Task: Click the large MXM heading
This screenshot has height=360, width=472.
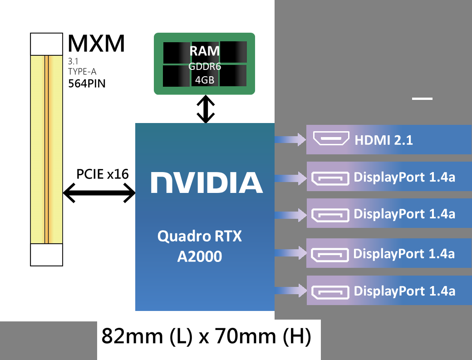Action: coord(96,44)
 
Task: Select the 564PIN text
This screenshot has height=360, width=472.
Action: coord(87,83)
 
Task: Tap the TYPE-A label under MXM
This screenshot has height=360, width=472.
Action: coord(82,71)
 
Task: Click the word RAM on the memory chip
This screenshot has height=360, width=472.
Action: coord(204,51)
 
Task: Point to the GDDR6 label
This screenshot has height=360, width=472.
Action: coord(204,67)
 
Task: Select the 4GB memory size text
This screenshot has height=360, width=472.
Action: coord(204,80)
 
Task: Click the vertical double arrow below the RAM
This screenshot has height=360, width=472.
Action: coord(206,109)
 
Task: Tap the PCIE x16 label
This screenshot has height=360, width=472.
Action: coord(102,174)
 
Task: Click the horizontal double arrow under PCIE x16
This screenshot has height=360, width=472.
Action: coord(99,194)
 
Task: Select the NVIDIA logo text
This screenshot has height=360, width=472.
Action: coord(206,182)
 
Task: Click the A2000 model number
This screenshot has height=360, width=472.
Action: coord(200,256)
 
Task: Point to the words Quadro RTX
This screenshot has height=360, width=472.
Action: coord(200,237)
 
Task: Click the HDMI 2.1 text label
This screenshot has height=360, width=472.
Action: coord(383,140)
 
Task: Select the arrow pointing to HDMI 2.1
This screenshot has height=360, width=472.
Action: coord(290,139)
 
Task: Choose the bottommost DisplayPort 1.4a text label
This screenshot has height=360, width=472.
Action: coord(404,291)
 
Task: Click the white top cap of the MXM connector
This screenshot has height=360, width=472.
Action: coord(46,44)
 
